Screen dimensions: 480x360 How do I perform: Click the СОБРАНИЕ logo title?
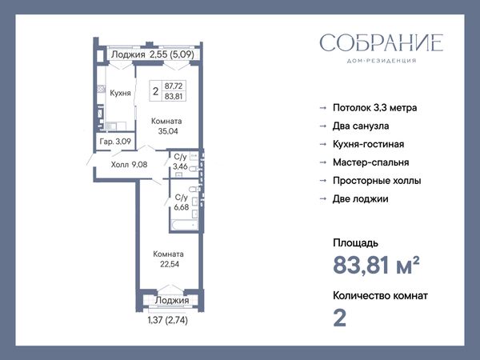[x=382, y=43]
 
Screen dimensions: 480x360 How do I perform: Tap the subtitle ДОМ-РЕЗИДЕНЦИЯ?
[x=382, y=61]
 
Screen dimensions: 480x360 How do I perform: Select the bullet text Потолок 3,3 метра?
[x=374, y=108]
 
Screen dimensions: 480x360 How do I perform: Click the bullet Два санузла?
[x=361, y=126]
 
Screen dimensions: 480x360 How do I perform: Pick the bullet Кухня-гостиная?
[x=369, y=144]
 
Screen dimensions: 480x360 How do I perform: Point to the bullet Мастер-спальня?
[x=370, y=162]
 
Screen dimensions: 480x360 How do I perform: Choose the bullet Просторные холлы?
[x=377, y=181]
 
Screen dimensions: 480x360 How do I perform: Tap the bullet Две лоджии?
[x=361, y=199]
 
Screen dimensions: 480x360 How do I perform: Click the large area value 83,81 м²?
[x=376, y=266]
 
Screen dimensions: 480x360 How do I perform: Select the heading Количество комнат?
[x=380, y=296]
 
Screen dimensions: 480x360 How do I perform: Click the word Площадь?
[x=355, y=243]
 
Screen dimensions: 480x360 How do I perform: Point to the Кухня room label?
[x=120, y=93]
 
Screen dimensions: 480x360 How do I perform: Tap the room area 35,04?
[x=168, y=131]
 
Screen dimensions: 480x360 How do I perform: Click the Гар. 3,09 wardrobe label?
[x=115, y=142]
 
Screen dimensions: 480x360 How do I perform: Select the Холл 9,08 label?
[x=129, y=165]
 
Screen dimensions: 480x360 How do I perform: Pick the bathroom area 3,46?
[x=180, y=166]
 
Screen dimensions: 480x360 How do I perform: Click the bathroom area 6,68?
[x=182, y=207]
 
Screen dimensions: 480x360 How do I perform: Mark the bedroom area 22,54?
[x=170, y=264]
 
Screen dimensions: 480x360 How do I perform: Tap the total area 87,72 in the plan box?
[x=174, y=86]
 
